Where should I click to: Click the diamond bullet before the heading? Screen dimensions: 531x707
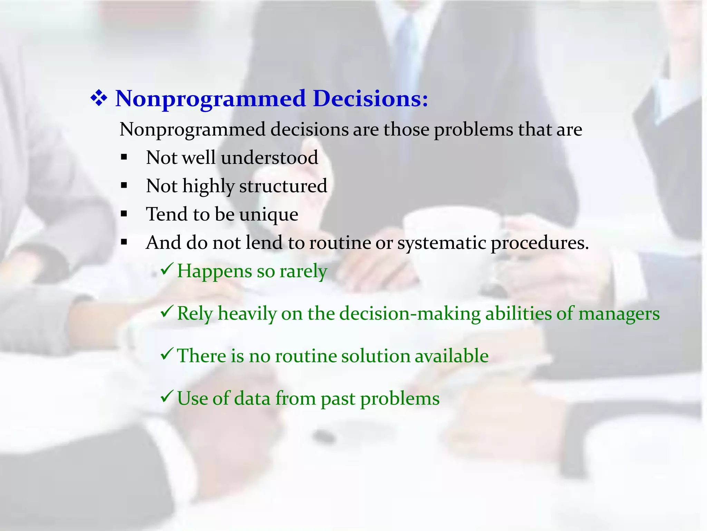click(x=99, y=99)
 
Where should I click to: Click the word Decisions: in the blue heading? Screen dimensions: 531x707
click(x=370, y=99)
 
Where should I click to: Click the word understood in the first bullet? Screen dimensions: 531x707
click(x=269, y=158)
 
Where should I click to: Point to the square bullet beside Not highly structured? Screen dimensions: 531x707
click(x=124, y=186)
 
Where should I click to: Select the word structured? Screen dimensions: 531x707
click(x=283, y=186)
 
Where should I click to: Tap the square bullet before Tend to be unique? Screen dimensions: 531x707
click(x=124, y=214)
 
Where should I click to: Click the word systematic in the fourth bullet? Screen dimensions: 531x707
click(x=442, y=243)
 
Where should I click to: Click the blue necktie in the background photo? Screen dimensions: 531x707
click(x=406, y=52)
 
